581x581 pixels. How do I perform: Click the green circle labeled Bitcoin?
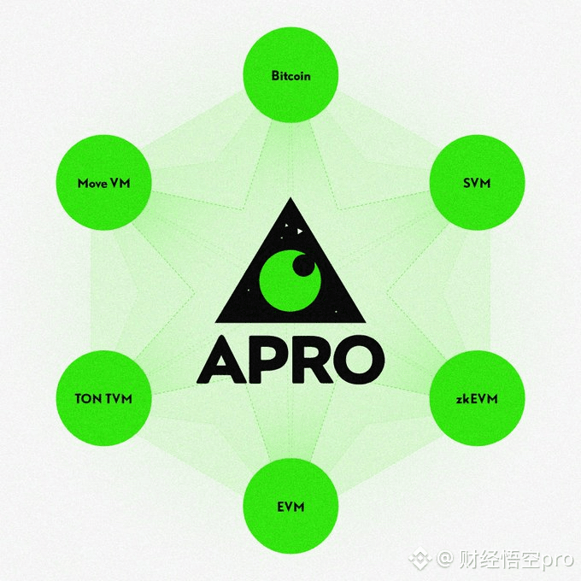pos(290,75)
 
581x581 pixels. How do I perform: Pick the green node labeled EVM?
pos(290,507)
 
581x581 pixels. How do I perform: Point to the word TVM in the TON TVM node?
pos(118,399)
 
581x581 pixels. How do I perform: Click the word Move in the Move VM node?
pos(92,184)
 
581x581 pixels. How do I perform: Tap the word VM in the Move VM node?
pos(120,184)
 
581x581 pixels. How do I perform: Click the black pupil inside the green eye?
pos(303,266)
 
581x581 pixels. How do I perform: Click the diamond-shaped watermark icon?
pos(420,559)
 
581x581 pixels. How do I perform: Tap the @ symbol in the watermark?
pos(444,560)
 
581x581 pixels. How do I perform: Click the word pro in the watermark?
pos(555,560)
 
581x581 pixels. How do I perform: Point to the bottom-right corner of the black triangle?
pos(365,320)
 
